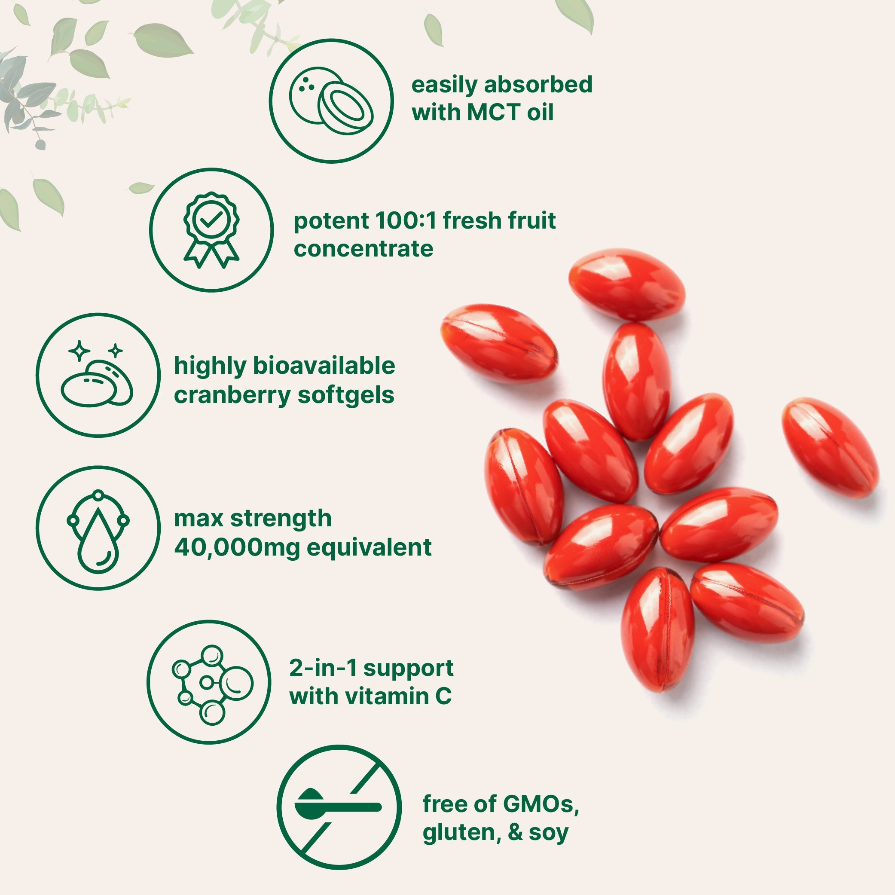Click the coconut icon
point(331,101)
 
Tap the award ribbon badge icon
point(211,230)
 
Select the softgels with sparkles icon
point(98,375)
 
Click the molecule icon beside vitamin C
point(209,682)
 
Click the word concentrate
point(363,249)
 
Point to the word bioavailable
point(324,366)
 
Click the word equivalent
point(369,547)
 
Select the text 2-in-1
point(323,668)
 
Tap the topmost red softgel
point(627,284)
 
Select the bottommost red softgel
point(657,629)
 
